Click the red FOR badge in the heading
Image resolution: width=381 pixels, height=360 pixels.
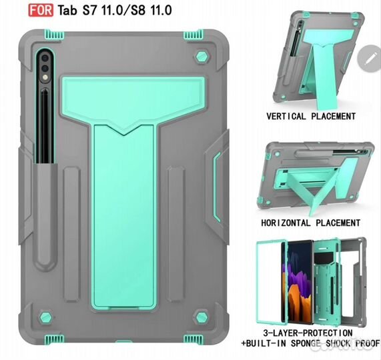click(41, 10)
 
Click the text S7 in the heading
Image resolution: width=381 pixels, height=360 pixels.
click(89, 11)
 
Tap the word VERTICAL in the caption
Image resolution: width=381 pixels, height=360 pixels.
click(286, 116)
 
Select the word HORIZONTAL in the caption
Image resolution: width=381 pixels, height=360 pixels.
click(286, 223)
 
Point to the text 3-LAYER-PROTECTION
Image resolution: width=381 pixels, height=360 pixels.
click(308, 333)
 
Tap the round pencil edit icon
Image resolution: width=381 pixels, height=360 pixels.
click(370, 58)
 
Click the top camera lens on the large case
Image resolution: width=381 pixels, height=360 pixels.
click(45, 58)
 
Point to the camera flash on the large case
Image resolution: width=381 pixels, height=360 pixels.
click(45, 77)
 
